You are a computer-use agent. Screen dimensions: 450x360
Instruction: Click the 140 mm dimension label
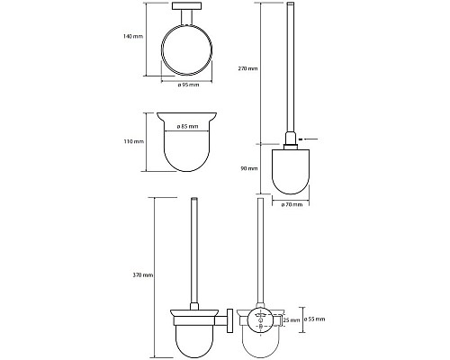133,37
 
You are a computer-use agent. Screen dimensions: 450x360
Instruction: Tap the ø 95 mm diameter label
188,85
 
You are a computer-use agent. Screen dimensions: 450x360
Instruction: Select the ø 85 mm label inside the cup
187,126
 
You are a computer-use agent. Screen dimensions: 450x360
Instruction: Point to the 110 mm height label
134,141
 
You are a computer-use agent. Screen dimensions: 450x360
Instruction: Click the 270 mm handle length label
247,68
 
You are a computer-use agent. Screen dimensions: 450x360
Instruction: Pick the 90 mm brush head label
249,168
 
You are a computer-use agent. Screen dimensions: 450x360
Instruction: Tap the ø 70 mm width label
292,205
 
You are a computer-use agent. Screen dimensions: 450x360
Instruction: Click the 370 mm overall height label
143,275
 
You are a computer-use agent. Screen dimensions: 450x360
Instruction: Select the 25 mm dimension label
292,320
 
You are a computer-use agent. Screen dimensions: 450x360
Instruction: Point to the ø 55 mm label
314,319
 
